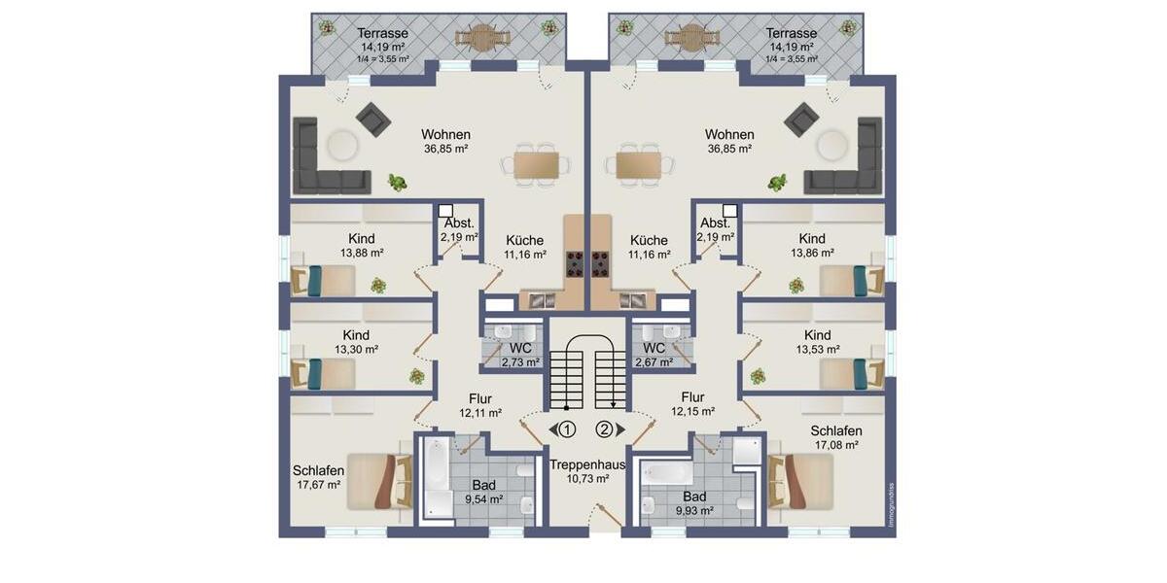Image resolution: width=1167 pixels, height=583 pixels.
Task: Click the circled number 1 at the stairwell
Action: pyautogui.click(x=568, y=429)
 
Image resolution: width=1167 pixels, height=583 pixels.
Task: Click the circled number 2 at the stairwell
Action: pyautogui.click(x=604, y=429)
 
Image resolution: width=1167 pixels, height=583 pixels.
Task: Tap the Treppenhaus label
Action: pyautogui.click(x=586, y=464)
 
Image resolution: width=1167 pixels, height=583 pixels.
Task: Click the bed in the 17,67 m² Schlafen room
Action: pyautogui.click(x=377, y=481)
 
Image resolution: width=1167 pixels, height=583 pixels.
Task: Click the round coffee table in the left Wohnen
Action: pyautogui.click(x=341, y=146)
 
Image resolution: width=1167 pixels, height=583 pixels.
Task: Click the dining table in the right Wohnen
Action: pyautogui.click(x=637, y=164)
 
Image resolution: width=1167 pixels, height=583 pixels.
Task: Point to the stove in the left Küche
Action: pyautogui.click(x=575, y=260)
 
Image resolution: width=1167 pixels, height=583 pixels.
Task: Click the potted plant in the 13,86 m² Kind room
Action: pyautogui.click(x=796, y=285)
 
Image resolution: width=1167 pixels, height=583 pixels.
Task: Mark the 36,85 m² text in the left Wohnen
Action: pyautogui.click(x=445, y=149)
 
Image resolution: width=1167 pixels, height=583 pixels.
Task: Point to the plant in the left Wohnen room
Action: pyautogui.click(x=396, y=182)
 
